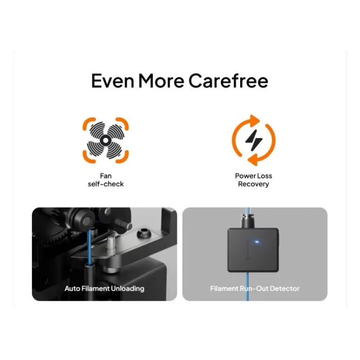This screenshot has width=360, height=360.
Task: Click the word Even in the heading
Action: pyautogui.click(x=113, y=81)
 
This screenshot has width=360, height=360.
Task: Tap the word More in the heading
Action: pyautogui.click(x=161, y=81)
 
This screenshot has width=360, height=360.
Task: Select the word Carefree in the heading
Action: pyautogui.click(x=228, y=81)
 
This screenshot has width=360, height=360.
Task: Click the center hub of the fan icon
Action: pyautogui.click(x=105, y=140)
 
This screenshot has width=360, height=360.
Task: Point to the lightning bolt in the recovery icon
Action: pyautogui.click(x=254, y=140)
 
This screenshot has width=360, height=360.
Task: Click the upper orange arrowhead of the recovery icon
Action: pyautogui.click(x=255, y=121)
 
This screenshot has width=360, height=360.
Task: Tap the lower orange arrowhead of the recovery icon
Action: pyautogui.click(x=253, y=159)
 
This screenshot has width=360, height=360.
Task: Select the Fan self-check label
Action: pyautogui.click(x=105, y=180)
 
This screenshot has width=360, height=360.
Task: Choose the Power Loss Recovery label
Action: pyautogui.click(x=254, y=180)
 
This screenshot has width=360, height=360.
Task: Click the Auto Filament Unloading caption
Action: pyautogui.click(x=104, y=289)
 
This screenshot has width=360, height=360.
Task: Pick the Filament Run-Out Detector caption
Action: pyautogui.click(x=255, y=289)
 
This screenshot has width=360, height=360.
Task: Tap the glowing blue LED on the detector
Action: pyautogui.click(x=257, y=242)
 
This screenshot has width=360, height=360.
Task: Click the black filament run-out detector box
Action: pyautogui.click(x=253, y=250)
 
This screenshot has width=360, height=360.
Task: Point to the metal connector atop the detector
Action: pyautogui.click(x=248, y=221)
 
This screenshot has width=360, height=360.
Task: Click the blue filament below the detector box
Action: pyautogui.click(x=247, y=286)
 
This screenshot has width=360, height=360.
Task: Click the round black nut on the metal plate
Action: pyautogui.click(x=143, y=233)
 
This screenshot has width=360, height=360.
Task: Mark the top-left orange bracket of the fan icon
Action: pyautogui.click(x=88, y=123)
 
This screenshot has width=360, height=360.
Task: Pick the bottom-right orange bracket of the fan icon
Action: pyautogui.click(x=123, y=157)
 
